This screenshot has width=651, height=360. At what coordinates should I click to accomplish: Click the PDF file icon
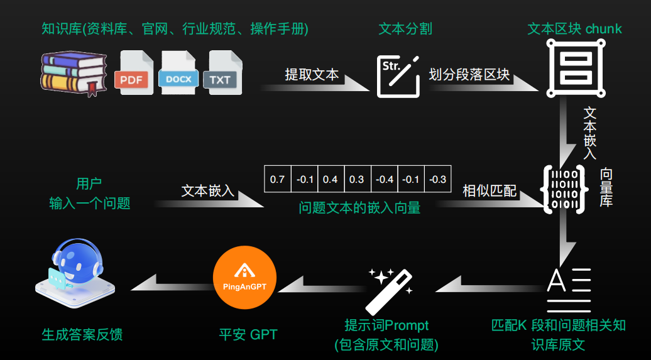pos(134,72)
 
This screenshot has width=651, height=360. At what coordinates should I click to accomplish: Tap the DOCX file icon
pos(178,72)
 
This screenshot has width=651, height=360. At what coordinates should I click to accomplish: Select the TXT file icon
pos(222,72)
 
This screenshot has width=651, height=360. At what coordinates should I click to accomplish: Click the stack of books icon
pos(74,73)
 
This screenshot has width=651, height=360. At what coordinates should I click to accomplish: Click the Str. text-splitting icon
pos(398,77)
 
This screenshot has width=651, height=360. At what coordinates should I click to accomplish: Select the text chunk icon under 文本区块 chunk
pos(576,68)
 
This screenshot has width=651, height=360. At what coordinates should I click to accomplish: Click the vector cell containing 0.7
pos(277,180)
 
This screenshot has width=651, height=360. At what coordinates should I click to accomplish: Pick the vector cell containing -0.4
pos(385,180)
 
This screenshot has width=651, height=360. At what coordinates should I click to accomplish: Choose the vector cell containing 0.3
pos(356,180)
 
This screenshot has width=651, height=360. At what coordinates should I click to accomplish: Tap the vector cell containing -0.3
pos(437,180)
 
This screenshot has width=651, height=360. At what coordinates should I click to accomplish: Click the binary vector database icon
pos(564,189)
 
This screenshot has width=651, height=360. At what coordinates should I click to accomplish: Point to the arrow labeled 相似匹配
pos(490,202)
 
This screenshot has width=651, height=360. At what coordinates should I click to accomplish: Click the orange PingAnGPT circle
pos(244,277)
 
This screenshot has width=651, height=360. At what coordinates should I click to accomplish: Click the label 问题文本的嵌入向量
pos(359,207)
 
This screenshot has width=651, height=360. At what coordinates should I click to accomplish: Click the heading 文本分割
pos(405,29)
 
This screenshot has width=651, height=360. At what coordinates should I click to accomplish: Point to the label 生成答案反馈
pos(82,335)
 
